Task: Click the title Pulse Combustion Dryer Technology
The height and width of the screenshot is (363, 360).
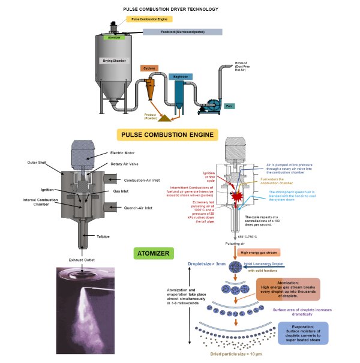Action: [179, 10]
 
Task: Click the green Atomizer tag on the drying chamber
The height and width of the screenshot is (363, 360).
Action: [113, 37]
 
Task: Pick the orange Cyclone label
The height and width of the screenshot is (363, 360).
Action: [149, 68]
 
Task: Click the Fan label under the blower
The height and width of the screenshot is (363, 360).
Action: [229, 107]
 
